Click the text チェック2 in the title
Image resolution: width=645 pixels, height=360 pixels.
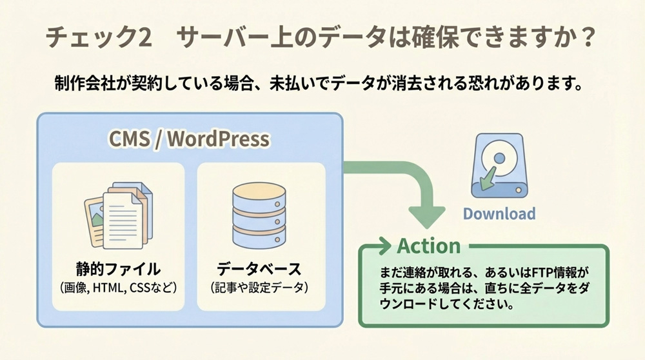[x=99, y=37]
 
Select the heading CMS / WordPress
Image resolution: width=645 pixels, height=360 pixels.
[x=189, y=139]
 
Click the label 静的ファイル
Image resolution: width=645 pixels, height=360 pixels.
[x=117, y=268]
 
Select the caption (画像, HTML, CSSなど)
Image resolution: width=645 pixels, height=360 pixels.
[x=117, y=286]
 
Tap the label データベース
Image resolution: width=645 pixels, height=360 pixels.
[x=259, y=268]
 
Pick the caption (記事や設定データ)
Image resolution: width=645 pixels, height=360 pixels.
[x=259, y=286]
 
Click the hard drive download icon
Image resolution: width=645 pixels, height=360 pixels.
[x=499, y=166]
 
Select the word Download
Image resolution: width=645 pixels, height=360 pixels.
[x=499, y=214]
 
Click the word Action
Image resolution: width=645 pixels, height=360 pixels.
[x=429, y=246]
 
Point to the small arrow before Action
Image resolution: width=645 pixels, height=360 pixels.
[x=382, y=246]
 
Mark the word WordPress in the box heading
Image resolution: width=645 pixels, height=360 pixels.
[x=218, y=139]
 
